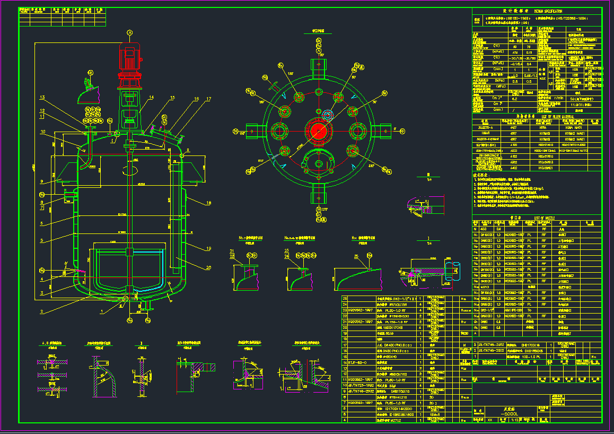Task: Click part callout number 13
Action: pos(42,97)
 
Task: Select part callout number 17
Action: pos(208,99)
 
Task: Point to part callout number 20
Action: pos(208,267)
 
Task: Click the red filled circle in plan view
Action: pos(318,131)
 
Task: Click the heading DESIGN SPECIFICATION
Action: pos(548,11)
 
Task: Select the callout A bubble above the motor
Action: pos(129,32)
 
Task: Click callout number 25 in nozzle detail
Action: pos(355,256)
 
